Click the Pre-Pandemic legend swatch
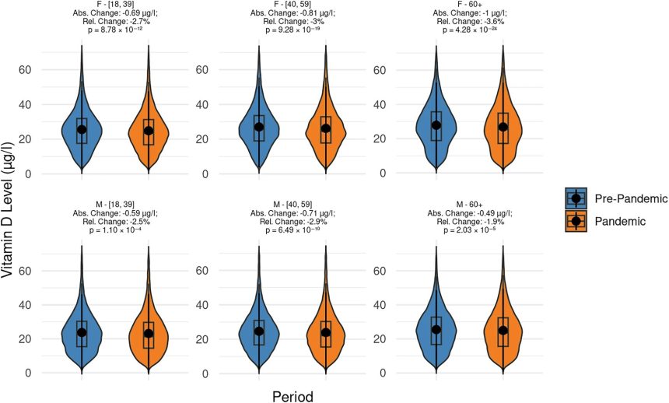[576, 198]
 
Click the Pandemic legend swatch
[576, 221]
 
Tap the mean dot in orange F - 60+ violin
[503, 128]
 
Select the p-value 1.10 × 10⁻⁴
[115, 230]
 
